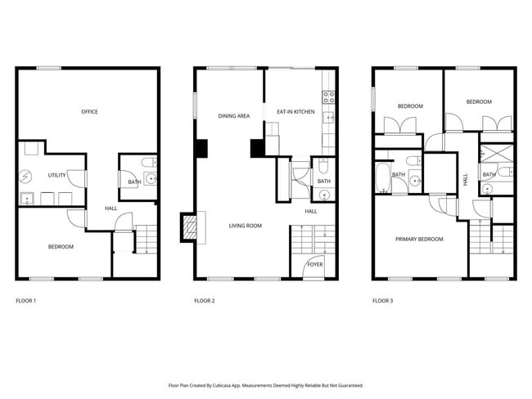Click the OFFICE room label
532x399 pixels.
[x=89, y=112]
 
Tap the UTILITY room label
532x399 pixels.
[x=56, y=175]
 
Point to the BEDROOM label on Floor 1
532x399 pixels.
[x=61, y=247]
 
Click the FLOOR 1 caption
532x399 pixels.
[x=26, y=301]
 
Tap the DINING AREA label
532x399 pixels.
[x=233, y=116]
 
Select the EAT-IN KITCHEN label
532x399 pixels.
[x=295, y=112]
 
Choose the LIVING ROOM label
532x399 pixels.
[x=245, y=226]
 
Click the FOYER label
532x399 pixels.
[x=314, y=265]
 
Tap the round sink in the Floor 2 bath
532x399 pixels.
[x=323, y=195]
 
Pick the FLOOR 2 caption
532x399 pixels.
[x=205, y=301]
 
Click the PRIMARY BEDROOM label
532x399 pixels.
[x=419, y=240]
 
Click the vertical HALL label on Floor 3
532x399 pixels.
[x=466, y=181]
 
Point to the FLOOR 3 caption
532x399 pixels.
[x=382, y=301]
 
